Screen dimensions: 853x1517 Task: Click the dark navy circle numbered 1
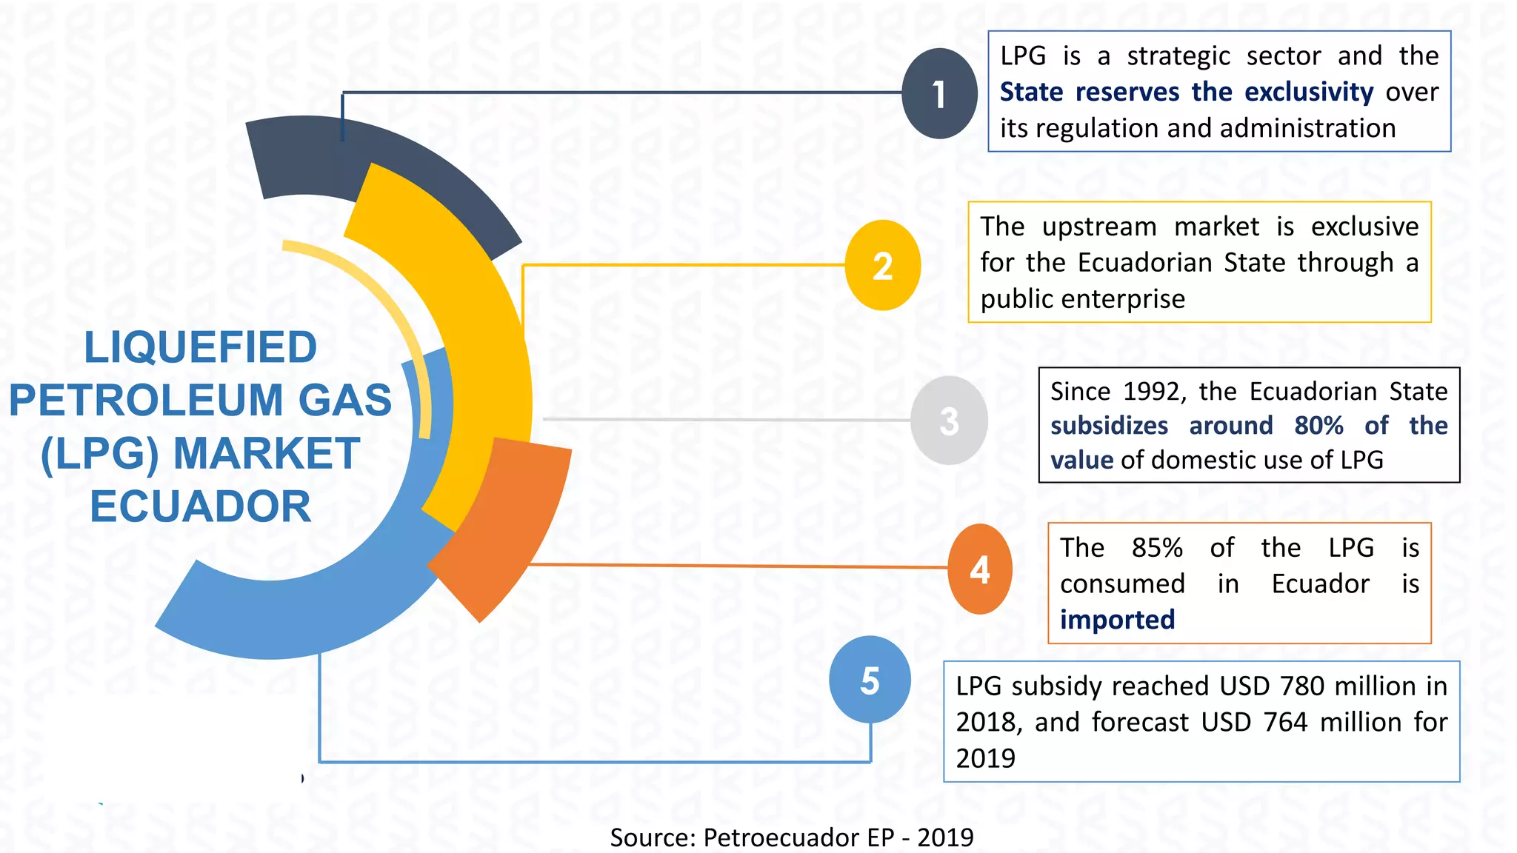coord(939,93)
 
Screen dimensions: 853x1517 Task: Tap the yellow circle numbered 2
coord(882,265)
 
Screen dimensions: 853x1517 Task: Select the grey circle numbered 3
coord(949,421)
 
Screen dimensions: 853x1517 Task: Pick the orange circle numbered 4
coord(980,569)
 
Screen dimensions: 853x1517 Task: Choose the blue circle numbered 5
coord(870,680)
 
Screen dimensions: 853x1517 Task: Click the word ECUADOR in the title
coord(201,506)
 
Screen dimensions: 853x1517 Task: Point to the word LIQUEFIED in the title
coord(201,347)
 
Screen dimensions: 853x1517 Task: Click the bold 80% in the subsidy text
coord(1318,426)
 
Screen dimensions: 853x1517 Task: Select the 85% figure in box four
coord(1157,548)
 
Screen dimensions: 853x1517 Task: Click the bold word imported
coord(1117,619)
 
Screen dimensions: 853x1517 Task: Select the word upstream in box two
coord(1099,227)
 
